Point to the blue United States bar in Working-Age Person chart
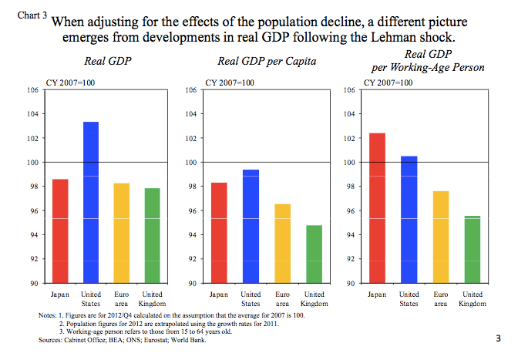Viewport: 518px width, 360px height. point(409,220)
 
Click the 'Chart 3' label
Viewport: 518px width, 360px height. point(31,15)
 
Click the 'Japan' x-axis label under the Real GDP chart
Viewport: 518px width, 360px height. point(60,294)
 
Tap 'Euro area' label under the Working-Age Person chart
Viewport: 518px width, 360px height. point(439,299)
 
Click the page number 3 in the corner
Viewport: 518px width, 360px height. point(498,338)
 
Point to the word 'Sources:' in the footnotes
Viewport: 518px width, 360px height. point(51,339)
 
